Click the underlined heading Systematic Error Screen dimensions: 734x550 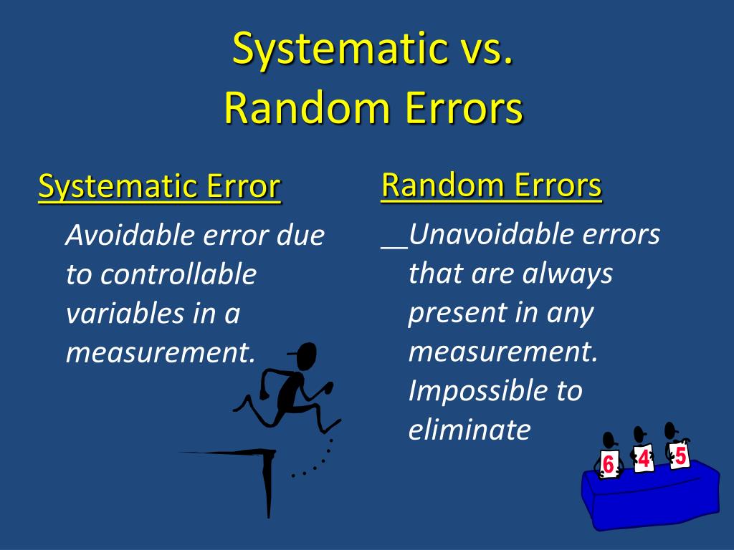(x=159, y=187)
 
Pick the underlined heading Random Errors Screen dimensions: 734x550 (x=492, y=185)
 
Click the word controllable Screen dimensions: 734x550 (x=178, y=274)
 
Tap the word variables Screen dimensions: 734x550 (x=125, y=314)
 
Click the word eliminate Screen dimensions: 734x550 (x=470, y=430)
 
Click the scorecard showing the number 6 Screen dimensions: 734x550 (x=609, y=464)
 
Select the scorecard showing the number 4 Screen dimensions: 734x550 (x=644, y=458)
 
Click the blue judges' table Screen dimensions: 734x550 (x=651, y=496)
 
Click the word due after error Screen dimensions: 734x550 (x=300, y=235)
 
